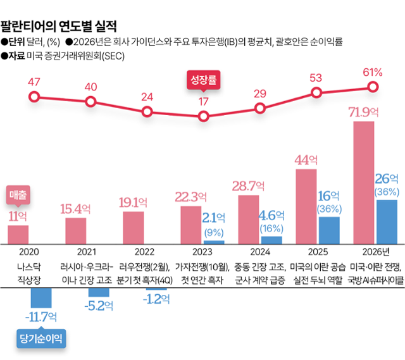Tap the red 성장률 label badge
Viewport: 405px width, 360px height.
[x=203, y=80]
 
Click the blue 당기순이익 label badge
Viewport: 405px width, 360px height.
[x=41, y=338]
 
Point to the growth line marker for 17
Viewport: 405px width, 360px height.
[x=203, y=116]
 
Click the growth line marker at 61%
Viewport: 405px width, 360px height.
[x=373, y=87]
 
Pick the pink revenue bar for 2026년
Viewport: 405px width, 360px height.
[x=363, y=183]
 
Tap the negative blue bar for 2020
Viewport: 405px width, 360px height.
[x=41, y=288]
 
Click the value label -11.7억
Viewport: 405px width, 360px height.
[x=42, y=316]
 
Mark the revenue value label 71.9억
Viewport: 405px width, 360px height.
[x=363, y=113]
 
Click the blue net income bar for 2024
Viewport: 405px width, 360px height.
[x=271, y=240]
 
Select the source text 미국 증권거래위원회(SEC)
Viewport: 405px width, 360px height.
[x=77, y=56]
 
